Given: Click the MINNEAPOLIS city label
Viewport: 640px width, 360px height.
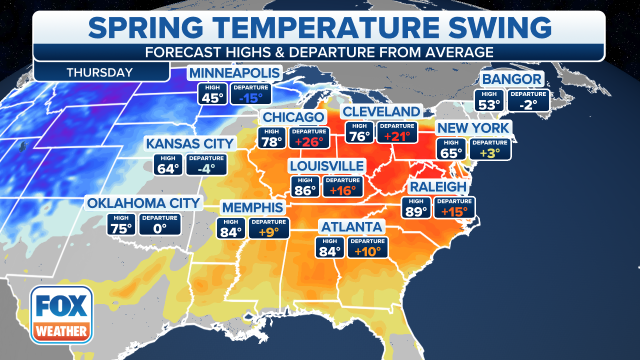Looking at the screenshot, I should pyautogui.click(x=234, y=73).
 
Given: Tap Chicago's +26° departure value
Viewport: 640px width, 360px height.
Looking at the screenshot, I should pyautogui.click(x=309, y=142).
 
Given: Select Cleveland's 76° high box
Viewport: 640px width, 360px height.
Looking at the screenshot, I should pyautogui.click(x=359, y=133).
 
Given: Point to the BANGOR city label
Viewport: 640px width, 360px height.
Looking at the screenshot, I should pyautogui.click(x=512, y=79).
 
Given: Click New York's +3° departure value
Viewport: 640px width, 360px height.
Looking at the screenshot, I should pyautogui.click(x=490, y=153).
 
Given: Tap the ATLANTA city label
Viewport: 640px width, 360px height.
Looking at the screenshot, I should pyautogui.click(x=352, y=227).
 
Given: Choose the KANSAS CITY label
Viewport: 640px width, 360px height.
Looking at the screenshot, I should pyautogui.click(x=190, y=144).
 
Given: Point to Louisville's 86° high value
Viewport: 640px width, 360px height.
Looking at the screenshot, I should pyautogui.click(x=305, y=190).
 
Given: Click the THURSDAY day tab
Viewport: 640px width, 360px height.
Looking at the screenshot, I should pyautogui.click(x=100, y=72).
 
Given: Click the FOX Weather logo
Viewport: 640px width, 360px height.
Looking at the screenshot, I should pyautogui.click(x=61, y=315).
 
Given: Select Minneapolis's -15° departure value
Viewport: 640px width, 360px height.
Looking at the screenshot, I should pyautogui.click(x=251, y=98).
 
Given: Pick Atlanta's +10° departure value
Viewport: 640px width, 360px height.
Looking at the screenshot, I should pyautogui.click(x=367, y=251).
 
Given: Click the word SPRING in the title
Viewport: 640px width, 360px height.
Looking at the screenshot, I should pyautogui.click(x=146, y=28).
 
